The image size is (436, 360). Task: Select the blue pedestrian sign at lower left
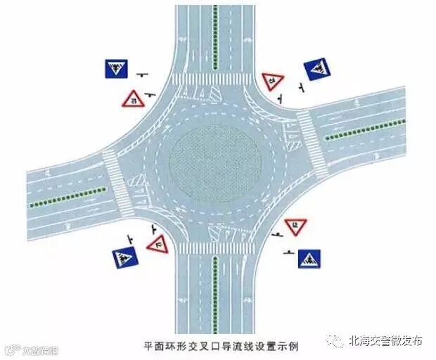tap(125, 257)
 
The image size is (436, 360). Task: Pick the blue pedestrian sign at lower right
tap(309, 258)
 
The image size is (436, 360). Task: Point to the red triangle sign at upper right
tap(271, 81)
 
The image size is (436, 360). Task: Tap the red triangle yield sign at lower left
tap(158, 244)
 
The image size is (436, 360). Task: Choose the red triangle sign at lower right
tap(296, 226)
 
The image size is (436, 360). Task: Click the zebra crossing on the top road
tap(214, 79)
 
